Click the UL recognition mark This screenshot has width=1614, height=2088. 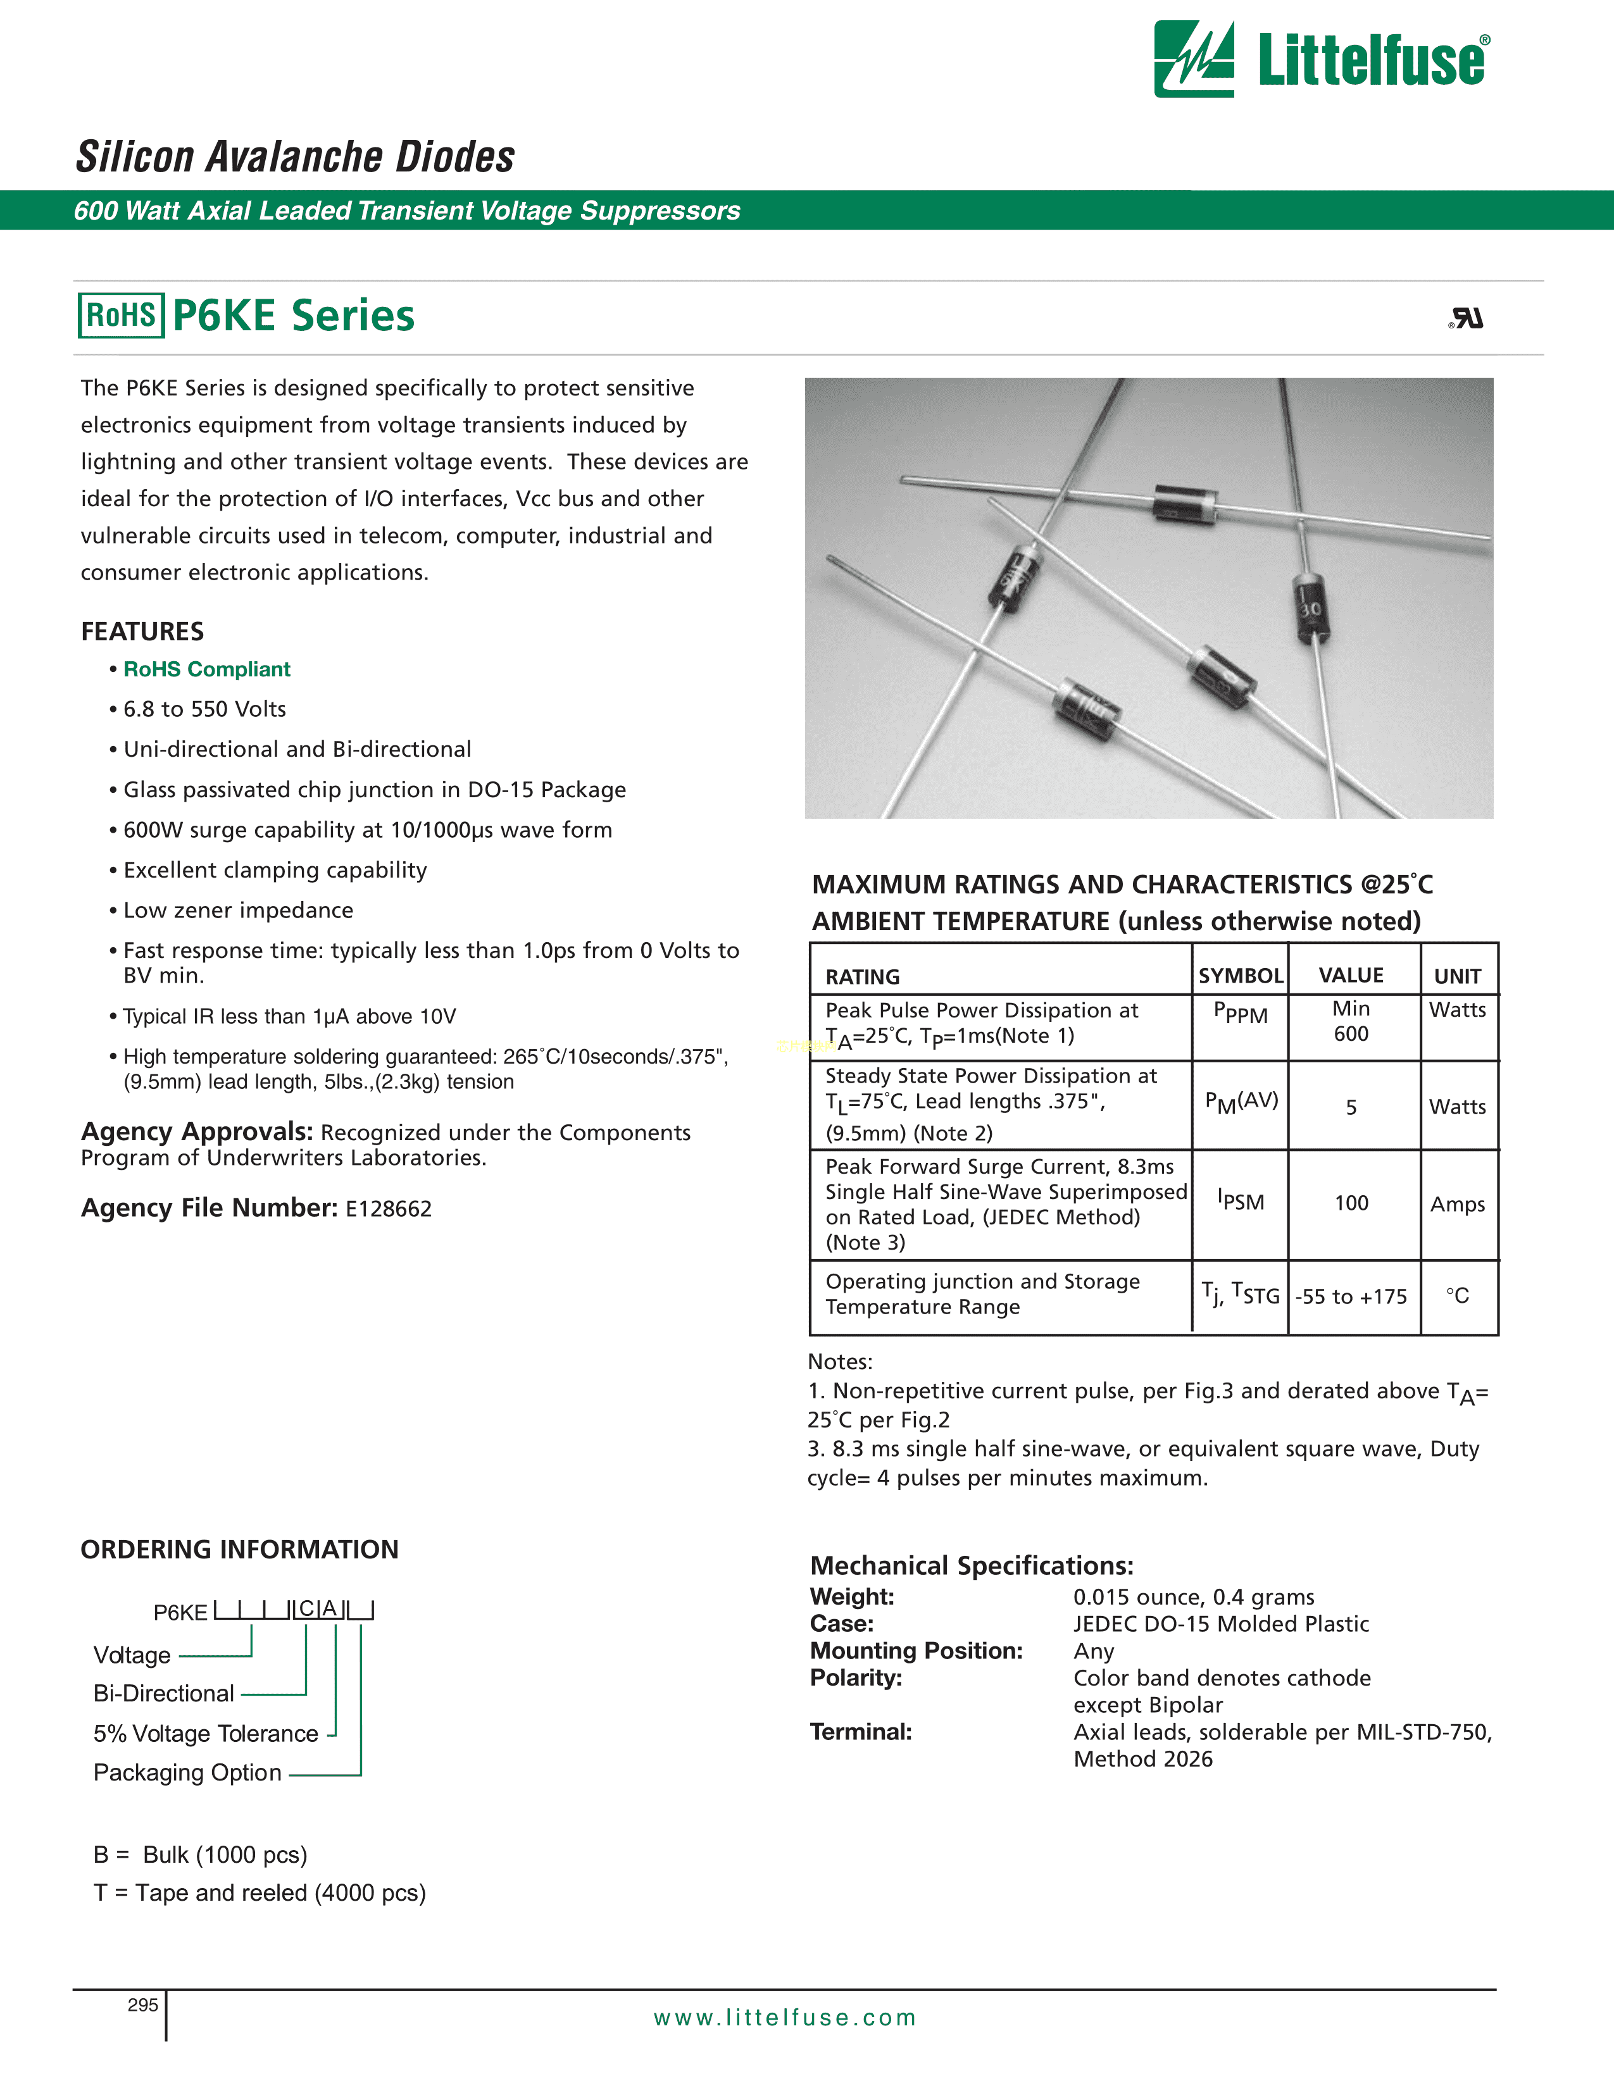pyautogui.click(x=1467, y=318)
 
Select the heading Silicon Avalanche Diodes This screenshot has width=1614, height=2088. pyautogui.click(x=296, y=157)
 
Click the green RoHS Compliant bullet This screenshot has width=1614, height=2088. pyautogui.click(x=206, y=669)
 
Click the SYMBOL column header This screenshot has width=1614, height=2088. pyautogui.click(x=1240, y=975)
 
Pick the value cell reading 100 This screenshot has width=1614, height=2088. pyautogui.click(x=1351, y=1203)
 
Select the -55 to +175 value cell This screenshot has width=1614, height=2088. pyautogui.click(x=1351, y=1296)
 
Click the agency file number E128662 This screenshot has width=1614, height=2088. pyautogui.click(x=388, y=1209)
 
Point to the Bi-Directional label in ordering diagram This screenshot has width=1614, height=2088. pyautogui.click(x=163, y=1694)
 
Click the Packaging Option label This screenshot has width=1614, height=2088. pyautogui.click(x=187, y=1772)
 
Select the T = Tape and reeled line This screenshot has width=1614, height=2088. pyautogui.click(x=259, y=1893)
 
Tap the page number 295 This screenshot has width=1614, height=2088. pyautogui.click(x=142, y=2005)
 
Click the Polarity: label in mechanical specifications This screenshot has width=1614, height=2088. pyautogui.click(x=856, y=1678)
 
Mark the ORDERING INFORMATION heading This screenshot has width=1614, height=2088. pyautogui.click(x=239, y=1550)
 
